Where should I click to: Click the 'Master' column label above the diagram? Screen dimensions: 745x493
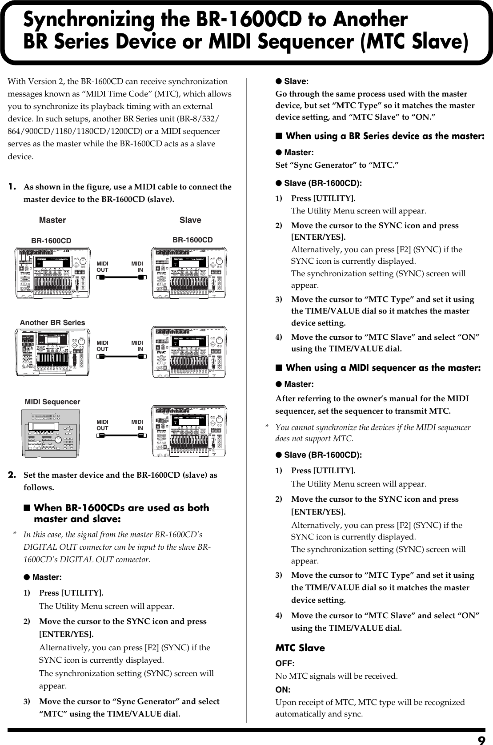point(52,220)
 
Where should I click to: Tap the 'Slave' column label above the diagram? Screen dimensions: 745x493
point(190,220)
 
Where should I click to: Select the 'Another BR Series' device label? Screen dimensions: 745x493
point(52,322)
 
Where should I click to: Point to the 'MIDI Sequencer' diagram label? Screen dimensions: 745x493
point(52,402)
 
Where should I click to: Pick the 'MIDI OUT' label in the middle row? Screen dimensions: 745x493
point(103,346)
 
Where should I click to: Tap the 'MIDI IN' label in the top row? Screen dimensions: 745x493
point(137,267)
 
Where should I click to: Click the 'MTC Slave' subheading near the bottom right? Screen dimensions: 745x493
point(300,648)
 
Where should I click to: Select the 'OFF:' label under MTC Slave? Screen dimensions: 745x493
point(285,664)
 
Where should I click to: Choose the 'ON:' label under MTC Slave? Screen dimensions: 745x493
point(283,690)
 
